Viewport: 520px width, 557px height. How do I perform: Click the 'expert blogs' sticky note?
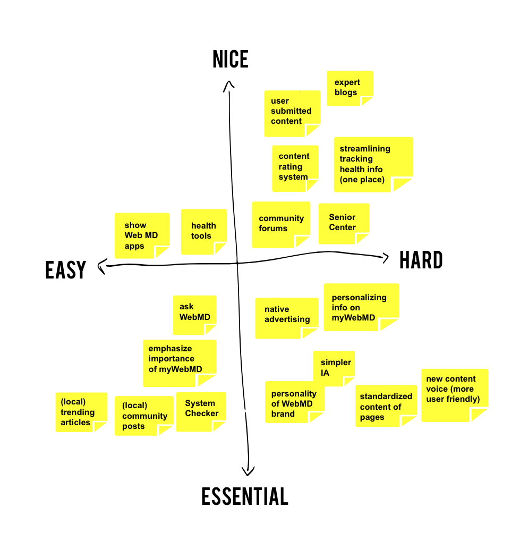(x=349, y=88)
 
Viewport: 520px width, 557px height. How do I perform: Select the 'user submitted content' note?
(x=292, y=113)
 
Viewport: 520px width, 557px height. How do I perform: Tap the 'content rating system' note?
(x=295, y=168)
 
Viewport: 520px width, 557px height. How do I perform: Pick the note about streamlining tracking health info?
(x=373, y=164)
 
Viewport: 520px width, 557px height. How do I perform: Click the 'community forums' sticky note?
(x=281, y=224)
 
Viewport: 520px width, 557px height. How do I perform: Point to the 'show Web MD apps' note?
(x=142, y=235)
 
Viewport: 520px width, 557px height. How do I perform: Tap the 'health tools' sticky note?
(x=203, y=232)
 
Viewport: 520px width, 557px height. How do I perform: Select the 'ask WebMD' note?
(x=194, y=315)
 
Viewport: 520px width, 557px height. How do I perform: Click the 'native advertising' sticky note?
(x=286, y=318)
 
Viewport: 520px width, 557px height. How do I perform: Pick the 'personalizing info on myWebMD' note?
(x=361, y=307)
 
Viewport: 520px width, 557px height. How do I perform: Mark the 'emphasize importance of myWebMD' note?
(x=179, y=362)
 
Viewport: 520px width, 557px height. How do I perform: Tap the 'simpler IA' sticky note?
(x=334, y=368)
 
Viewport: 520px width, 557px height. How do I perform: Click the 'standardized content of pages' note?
(x=386, y=406)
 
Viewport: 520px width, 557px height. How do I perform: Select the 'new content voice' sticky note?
(x=454, y=394)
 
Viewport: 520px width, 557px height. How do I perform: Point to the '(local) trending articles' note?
(x=81, y=412)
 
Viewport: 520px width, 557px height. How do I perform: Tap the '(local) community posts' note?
(x=144, y=415)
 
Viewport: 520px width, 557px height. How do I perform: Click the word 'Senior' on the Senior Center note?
(x=342, y=217)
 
